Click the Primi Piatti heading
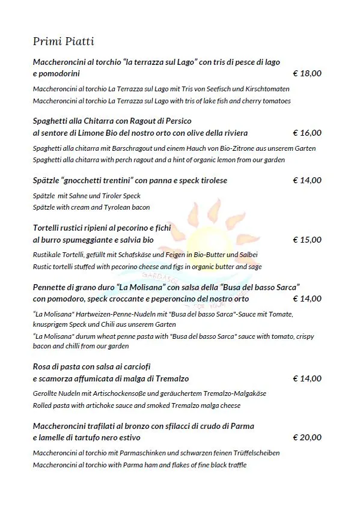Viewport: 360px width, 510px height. tap(63, 41)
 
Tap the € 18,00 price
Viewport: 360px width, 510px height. tap(307, 73)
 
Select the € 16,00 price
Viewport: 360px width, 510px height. tap(307, 133)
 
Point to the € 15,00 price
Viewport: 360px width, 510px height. tap(307, 240)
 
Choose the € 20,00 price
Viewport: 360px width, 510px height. tap(307, 437)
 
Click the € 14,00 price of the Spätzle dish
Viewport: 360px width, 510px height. tap(307, 180)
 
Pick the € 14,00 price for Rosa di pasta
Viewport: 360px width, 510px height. tap(307, 378)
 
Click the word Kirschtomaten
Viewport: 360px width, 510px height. tap(268, 89)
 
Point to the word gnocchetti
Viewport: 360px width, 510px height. tap(84, 180)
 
